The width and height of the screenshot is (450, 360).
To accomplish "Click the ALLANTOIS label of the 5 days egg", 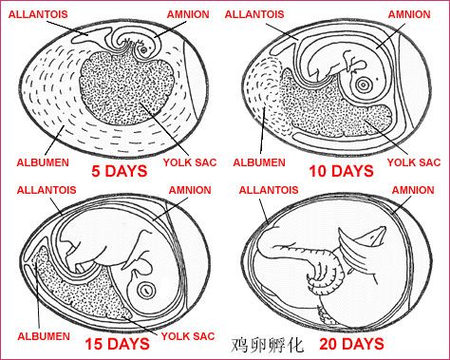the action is [38, 14].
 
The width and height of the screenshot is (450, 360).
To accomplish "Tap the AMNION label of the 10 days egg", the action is [409, 14].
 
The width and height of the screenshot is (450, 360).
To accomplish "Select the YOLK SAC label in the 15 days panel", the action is [188, 336].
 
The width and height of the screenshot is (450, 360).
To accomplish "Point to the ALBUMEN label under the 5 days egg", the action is [43, 162].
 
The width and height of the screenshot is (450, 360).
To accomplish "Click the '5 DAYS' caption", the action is [120, 171].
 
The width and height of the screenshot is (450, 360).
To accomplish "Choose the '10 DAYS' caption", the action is [341, 171].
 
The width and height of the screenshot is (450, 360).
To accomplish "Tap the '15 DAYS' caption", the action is [117, 344].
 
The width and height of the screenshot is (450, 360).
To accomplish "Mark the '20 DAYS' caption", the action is [351, 344].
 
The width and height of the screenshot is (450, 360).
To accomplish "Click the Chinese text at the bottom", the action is [268, 345].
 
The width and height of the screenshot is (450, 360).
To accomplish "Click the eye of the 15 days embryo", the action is [146, 290].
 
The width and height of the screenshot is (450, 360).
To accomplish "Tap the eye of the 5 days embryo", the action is [144, 50].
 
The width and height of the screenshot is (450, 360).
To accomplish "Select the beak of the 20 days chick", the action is [377, 236].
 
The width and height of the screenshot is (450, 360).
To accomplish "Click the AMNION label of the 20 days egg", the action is [413, 190].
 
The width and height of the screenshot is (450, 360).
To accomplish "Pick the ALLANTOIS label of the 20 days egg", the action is [269, 190].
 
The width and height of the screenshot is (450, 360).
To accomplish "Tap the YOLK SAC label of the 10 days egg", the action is [414, 162].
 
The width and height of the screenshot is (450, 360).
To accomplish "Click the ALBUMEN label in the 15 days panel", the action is [44, 336].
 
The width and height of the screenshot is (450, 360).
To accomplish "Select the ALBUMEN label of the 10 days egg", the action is [259, 162].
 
